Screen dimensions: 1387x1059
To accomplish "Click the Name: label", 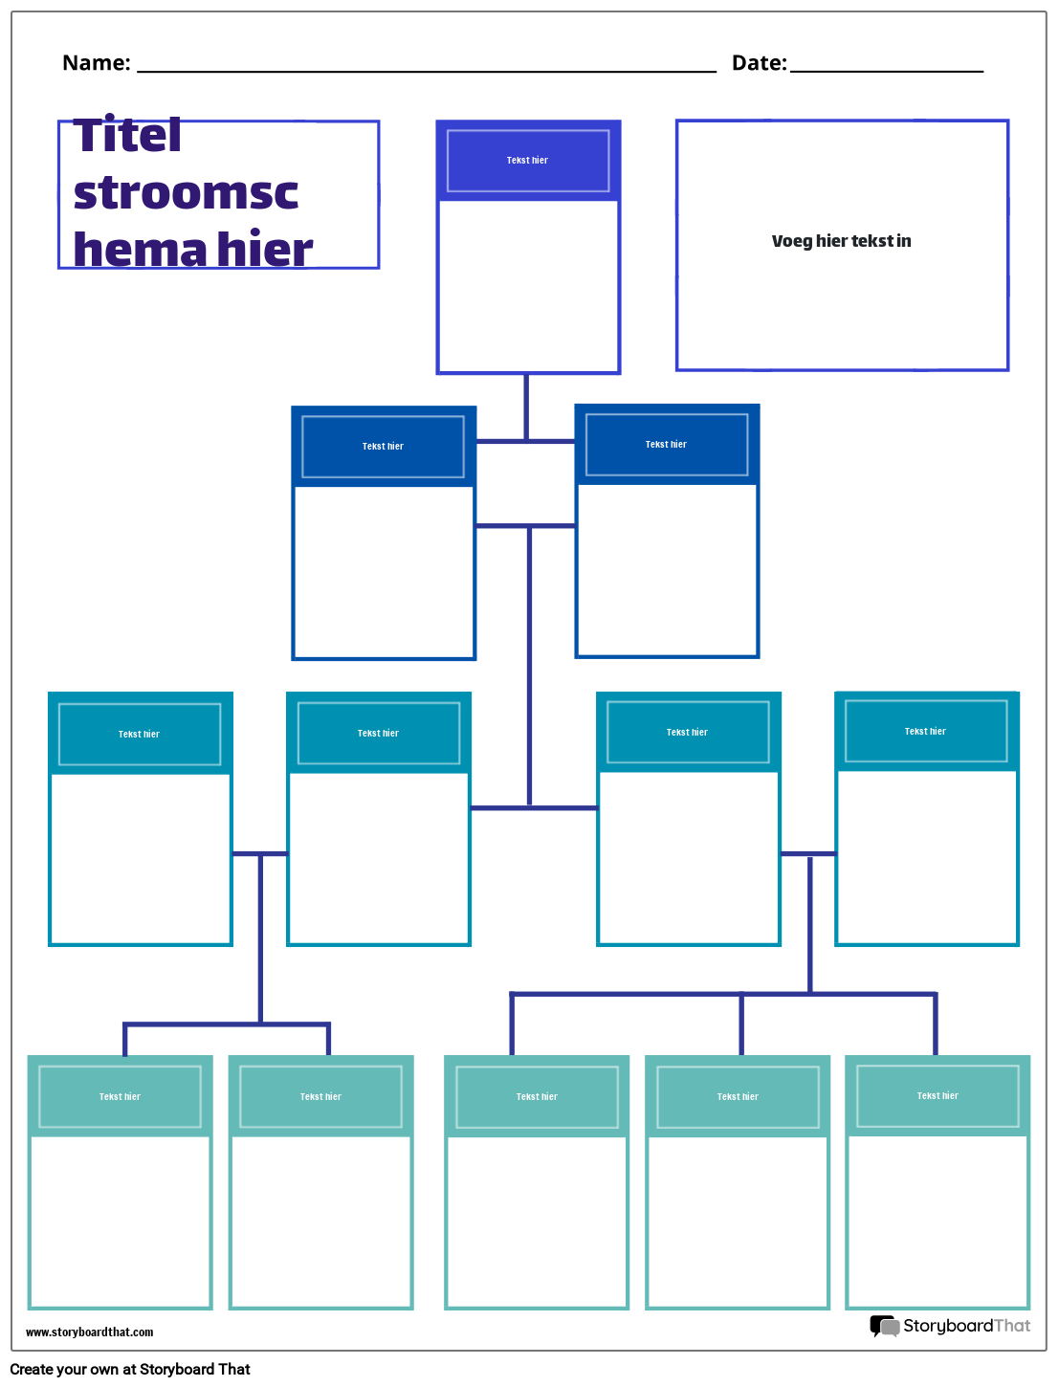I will tap(96, 63).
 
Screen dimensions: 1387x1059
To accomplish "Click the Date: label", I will tap(759, 63).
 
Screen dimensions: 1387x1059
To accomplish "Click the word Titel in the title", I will tap(127, 135).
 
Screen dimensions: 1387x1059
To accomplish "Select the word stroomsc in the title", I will tap(186, 192).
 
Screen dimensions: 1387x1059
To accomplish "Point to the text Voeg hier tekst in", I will tap(841, 241).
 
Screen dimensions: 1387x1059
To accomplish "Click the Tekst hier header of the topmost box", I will tap(527, 161).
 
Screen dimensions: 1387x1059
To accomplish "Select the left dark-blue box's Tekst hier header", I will tap(383, 447).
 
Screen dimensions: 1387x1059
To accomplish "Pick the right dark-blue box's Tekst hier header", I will tap(666, 445).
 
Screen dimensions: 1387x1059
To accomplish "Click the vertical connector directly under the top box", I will tap(526, 407).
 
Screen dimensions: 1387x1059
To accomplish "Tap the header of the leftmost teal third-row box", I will tap(140, 735).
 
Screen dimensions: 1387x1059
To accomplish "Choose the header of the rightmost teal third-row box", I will tap(925, 732).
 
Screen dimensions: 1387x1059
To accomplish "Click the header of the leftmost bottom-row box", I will tap(120, 1097).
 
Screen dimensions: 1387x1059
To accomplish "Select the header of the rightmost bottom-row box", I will tap(938, 1096).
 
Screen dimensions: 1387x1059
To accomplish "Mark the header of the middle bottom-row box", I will tap(537, 1097).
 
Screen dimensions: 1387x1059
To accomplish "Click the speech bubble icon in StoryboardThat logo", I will tap(884, 1326).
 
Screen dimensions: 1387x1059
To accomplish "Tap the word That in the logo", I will tap(1012, 1326).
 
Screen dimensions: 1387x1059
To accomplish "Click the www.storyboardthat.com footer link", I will tap(89, 1332).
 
